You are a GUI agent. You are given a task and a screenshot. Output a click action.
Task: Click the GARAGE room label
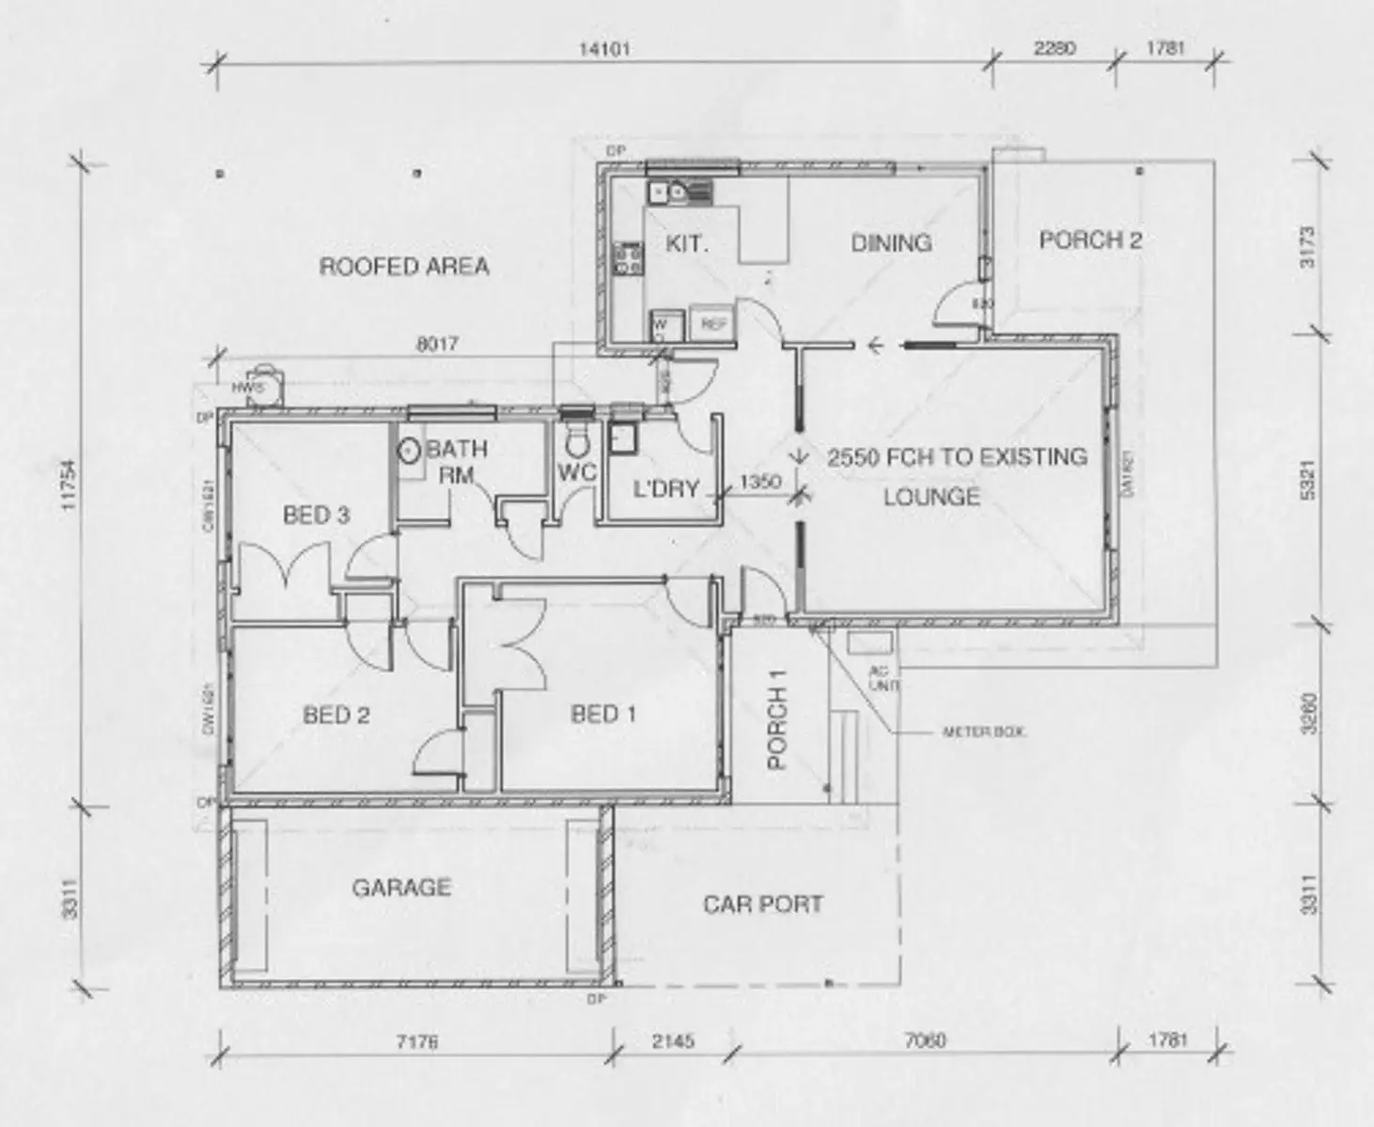pos(401,888)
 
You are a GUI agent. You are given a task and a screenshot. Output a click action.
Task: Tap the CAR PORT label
pos(762,904)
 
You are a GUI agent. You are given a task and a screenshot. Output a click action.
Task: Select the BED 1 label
pos(603,715)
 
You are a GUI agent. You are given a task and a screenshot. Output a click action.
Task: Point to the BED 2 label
pos(336,716)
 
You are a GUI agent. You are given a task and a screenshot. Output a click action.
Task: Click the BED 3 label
pos(317,515)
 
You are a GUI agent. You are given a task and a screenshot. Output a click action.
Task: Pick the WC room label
pos(576,472)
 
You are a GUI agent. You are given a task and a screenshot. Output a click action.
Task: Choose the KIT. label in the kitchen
pos(687,244)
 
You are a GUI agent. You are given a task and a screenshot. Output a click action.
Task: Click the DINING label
pos(891,243)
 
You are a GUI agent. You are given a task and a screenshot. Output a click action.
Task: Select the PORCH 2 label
pos(1090,240)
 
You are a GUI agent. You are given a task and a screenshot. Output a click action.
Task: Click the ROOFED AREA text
pos(404,267)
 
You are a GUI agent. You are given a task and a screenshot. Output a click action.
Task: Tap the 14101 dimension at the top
pos(603,49)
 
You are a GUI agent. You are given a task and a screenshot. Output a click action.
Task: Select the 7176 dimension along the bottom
pos(416,1042)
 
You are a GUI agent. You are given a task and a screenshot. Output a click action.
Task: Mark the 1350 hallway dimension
pos(760,482)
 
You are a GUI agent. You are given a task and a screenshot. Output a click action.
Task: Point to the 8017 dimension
pos(437,345)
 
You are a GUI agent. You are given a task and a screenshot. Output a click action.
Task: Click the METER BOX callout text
pos(983,731)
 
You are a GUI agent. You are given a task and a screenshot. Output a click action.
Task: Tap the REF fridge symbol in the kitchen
pos(713,324)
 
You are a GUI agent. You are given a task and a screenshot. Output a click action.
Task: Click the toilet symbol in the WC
pos(576,438)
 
